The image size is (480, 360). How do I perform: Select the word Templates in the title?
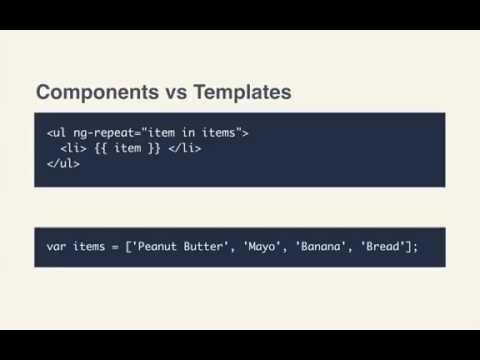click(241, 93)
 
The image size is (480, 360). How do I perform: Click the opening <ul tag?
click(56, 132)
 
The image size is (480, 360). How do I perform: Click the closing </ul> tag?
click(63, 164)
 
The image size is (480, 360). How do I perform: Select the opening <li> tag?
click(74, 148)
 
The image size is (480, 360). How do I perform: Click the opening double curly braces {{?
click(102, 148)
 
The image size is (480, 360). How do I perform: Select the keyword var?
click(56, 245)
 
